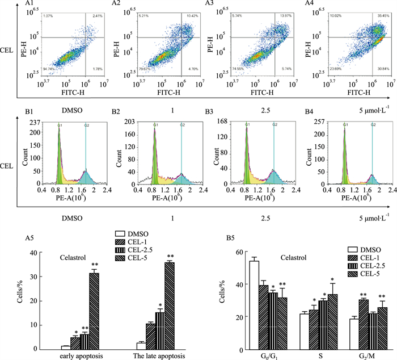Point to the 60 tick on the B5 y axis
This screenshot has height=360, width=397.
pyautogui.click(x=240, y=252)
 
